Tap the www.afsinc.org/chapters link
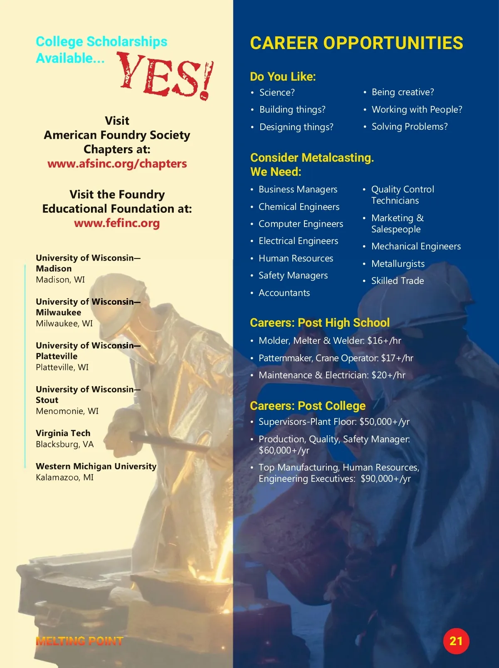tap(117, 164)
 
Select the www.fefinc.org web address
tap(117, 223)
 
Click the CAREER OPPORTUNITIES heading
tap(356, 43)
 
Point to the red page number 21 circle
tap(456, 641)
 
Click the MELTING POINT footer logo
tap(79, 641)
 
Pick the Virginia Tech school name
tap(63, 433)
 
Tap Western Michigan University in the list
tap(96, 466)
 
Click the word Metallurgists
tap(398, 264)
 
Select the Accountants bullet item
tap(284, 293)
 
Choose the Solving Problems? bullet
tap(409, 127)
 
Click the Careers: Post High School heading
tap(320, 323)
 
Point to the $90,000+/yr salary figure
tap(385, 479)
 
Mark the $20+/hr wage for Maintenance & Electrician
tap(388, 375)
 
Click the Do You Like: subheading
tap(283, 77)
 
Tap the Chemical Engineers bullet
tap(299, 207)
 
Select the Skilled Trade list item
tap(397, 281)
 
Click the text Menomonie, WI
tap(67, 411)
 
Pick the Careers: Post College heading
tap(308, 406)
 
